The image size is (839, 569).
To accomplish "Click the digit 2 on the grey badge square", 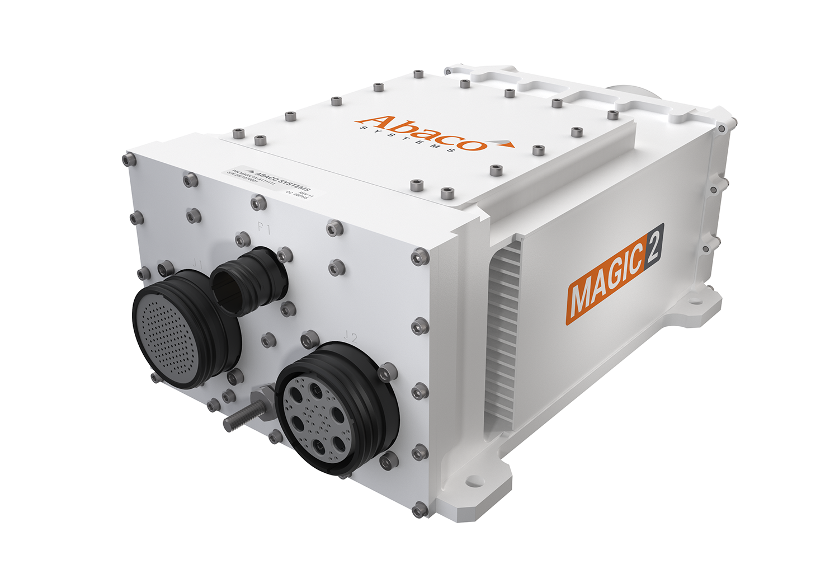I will pos(653,244).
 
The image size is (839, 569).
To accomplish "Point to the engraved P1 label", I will pos(263,228).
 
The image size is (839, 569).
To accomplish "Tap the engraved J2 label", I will pos(351,336).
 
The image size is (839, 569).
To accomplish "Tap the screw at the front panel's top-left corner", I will pos(129,159).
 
